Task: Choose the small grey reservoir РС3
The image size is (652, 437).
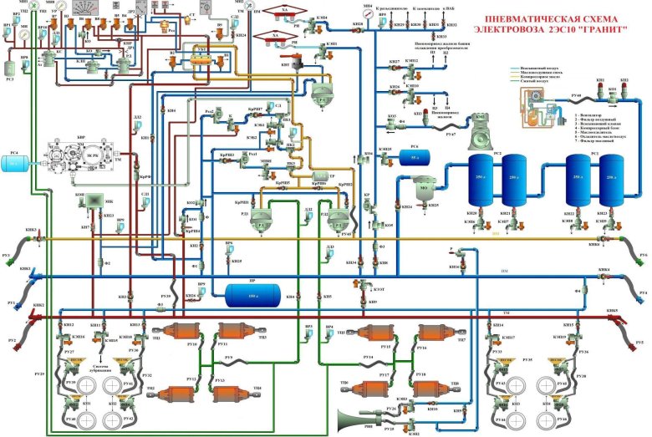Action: pyautogui.click(x=11, y=64)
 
